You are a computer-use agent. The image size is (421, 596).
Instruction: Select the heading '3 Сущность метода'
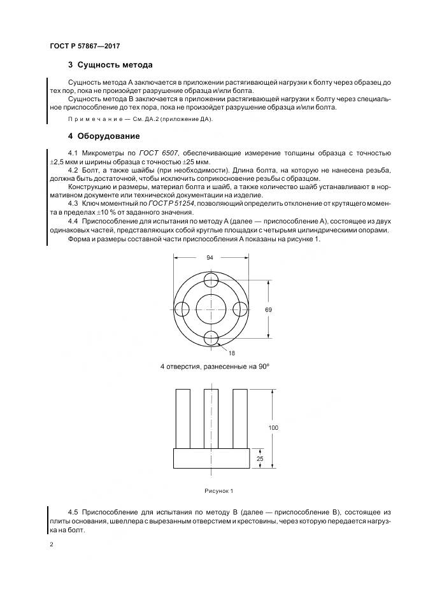(x=110, y=65)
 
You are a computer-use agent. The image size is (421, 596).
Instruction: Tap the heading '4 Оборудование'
(x=103, y=136)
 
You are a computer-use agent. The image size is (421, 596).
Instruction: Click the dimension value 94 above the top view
(x=210, y=259)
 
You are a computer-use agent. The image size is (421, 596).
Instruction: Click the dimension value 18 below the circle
(x=231, y=352)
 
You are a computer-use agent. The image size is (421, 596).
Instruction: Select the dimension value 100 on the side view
(x=273, y=427)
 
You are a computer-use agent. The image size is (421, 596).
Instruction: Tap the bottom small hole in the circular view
(x=211, y=337)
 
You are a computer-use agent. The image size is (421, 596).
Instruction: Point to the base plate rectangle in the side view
(x=211, y=458)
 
